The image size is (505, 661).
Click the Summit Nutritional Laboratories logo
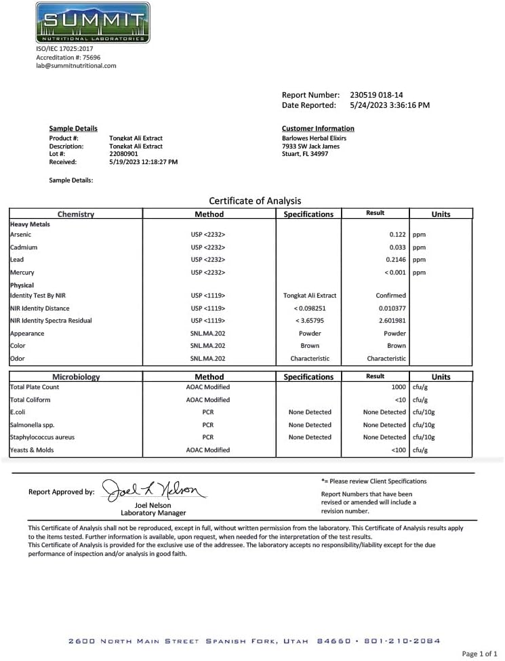pos(92,23)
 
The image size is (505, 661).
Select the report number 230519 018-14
pos(376,95)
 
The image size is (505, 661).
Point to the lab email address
pos(76,66)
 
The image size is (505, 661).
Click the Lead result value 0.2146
pos(395,260)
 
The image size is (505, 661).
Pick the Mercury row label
pos(22,273)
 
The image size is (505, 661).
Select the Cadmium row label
pos(24,247)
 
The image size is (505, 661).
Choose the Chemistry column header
pos(75,214)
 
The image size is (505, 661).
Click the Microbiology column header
pos(76,377)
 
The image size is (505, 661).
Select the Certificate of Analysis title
pos(255,201)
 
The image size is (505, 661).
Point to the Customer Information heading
pos(317,129)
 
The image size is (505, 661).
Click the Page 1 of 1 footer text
pos(479,654)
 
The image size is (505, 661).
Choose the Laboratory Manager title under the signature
pos(153,513)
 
